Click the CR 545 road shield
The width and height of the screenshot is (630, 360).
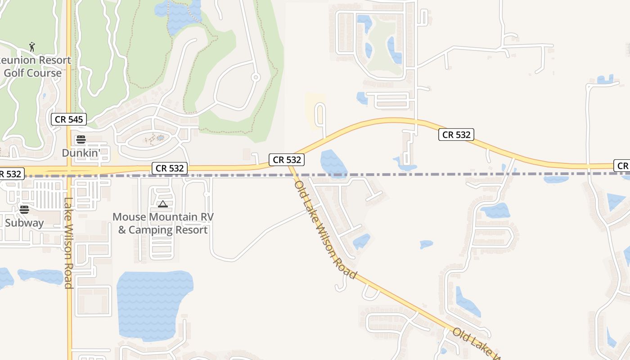pyautogui.click(x=68, y=119)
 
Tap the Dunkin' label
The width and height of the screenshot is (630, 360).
pyautogui.click(x=81, y=153)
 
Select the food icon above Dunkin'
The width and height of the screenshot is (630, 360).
pyautogui.click(x=81, y=139)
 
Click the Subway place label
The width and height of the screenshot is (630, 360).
pyautogui.click(x=24, y=223)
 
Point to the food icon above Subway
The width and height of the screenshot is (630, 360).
pyautogui.click(x=24, y=209)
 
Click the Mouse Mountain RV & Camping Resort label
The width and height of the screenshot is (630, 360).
pyautogui.click(x=163, y=223)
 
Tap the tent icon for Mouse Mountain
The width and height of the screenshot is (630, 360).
pyautogui.click(x=163, y=204)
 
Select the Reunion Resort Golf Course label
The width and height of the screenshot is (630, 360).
pyautogui.click(x=34, y=66)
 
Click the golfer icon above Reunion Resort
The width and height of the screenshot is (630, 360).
pyautogui.click(x=32, y=47)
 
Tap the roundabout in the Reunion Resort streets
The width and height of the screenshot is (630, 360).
pyautogui.click(x=256, y=77)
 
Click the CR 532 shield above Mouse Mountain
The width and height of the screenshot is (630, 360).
pyautogui.click(x=170, y=168)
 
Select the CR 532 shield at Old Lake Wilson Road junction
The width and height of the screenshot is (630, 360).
pyautogui.click(x=287, y=159)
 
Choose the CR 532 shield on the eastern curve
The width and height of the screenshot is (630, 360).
pyautogui.click(x=456, y=135)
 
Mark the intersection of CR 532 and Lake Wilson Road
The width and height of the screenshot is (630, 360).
pyautogui.click(x=69, y=171)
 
